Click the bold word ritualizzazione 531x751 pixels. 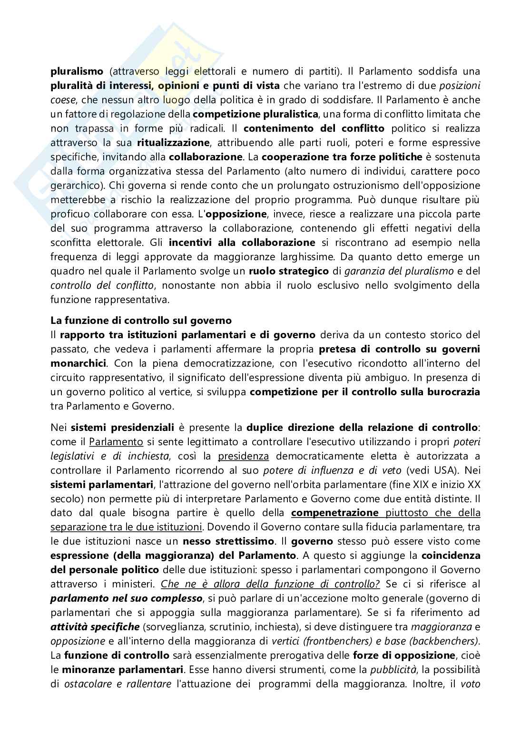pos(173,143)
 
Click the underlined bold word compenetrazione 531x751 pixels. pos(335,513)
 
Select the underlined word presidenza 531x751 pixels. pos(243,456)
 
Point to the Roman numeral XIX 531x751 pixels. pos(430,484)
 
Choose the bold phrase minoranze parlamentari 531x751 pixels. pos(122,670)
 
